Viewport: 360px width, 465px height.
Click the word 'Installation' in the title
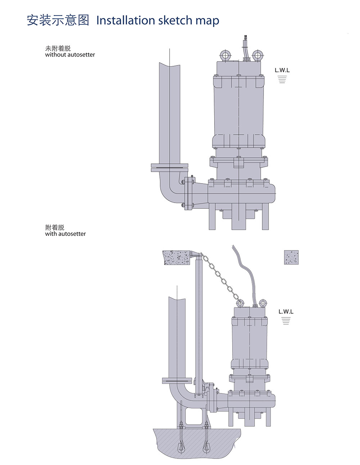[126, 20]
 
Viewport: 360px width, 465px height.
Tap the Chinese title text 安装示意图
[58, 20]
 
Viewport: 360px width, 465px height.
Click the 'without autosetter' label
[70, 55]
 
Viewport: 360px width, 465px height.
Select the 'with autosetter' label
[65, 234]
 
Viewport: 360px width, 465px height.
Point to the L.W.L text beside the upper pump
[282, 70]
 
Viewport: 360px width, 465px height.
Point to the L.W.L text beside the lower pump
[286, 311]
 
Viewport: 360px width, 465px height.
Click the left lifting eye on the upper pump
[226, 55]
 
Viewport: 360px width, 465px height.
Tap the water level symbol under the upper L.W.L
[282, 79]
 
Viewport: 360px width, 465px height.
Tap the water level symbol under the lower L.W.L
[286, 321]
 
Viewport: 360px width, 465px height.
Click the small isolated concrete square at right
[291, 258]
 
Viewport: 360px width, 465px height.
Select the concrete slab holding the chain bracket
[176, 258]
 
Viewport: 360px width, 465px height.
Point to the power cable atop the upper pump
[246, 47]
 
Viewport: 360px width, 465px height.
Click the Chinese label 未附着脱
[58, 49]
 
